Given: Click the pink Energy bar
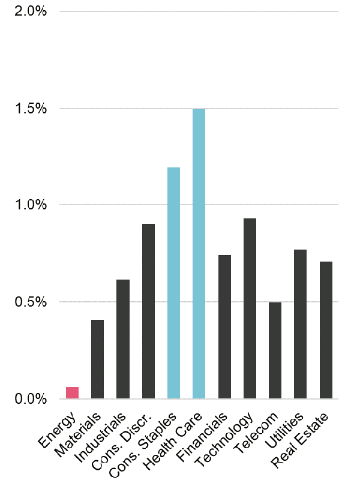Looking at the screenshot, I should (72, 392).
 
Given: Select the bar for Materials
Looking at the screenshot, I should (97, 359).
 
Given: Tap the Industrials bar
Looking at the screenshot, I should (122, 339).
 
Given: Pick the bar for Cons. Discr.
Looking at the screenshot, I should (148, 311).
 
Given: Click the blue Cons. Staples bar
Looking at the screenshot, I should (173, 283).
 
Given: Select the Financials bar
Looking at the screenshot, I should (224, 326).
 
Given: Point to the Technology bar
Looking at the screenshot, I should (250, 308).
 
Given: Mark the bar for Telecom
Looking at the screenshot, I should (275, 350).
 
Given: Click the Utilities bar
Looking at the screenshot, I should (300, 324).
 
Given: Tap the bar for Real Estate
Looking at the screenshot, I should (326, 330).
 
